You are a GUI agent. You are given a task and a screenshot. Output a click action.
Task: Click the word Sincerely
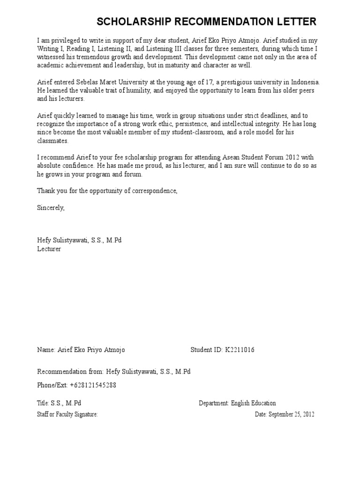coord(51,208)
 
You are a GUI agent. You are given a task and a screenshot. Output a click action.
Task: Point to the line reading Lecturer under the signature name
coord(49,249)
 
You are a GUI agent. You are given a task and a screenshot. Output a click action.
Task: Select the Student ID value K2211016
coord(240,350)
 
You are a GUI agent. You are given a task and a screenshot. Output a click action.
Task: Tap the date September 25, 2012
coord(291,414)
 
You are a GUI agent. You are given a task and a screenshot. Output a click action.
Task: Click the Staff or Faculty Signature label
coord(67,414)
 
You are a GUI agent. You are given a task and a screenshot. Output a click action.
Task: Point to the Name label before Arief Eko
coord(45,350)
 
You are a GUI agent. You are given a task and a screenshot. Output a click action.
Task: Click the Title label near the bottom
coord(43,403)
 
